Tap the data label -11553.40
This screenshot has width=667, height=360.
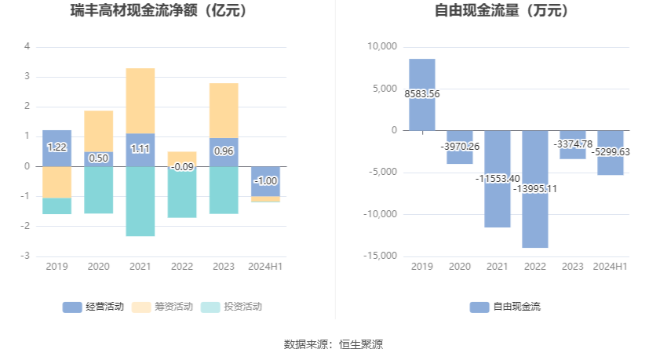498,179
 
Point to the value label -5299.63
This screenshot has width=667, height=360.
611,152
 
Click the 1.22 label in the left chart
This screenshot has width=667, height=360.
56,147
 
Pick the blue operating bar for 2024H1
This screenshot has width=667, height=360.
265,181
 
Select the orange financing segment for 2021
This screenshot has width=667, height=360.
140,100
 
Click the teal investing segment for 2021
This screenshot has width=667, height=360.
140,201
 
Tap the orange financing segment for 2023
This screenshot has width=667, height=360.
224,110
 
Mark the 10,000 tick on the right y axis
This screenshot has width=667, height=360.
383,47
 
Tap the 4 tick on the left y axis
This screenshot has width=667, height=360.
27,46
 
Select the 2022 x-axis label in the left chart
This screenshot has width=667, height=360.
182,267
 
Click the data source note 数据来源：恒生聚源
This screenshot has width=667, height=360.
333,344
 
